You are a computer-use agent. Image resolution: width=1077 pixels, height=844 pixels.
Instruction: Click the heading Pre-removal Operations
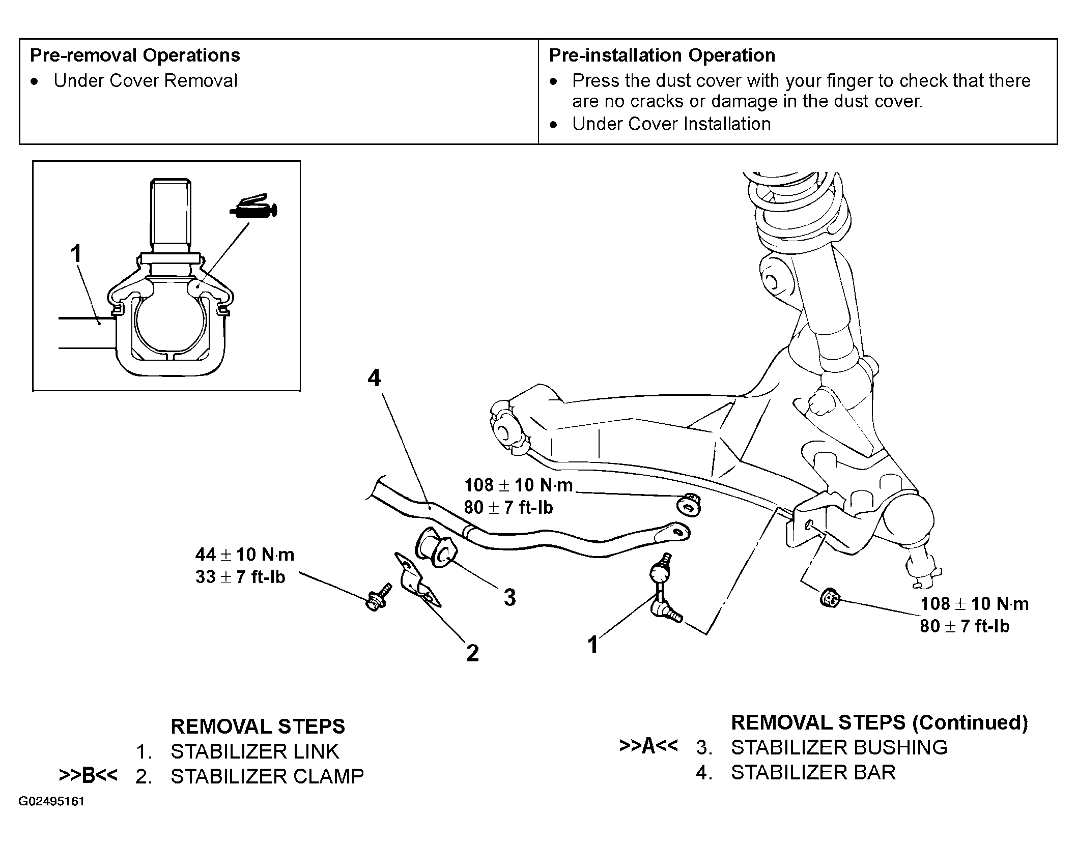point(135,55)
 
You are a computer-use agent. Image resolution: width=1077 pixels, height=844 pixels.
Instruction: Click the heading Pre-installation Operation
point(662,55)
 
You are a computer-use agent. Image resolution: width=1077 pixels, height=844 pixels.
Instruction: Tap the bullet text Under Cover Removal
point(146,81)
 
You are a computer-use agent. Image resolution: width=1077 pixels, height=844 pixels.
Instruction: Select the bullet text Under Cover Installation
point(671,124)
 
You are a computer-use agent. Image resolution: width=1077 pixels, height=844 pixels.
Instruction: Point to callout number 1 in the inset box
point(76,253)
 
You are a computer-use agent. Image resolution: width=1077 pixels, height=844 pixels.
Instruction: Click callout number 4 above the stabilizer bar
point(374,379)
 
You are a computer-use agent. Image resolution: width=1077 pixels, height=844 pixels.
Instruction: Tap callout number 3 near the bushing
point(509,597)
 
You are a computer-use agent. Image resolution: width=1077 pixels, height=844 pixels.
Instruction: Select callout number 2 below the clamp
point(472,653)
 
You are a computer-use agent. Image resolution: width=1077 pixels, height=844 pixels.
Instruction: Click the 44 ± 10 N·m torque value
point(245,555)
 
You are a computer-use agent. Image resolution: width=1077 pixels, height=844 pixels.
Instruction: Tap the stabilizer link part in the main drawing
point(663,589)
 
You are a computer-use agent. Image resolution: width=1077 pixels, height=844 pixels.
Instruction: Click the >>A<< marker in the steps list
point(648,746)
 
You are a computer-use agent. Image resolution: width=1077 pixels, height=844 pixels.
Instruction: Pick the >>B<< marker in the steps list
point(88,775)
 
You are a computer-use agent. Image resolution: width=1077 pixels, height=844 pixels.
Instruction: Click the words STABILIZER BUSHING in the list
point(839,747)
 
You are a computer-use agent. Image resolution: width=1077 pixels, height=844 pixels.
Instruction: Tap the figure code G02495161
point(52,802)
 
